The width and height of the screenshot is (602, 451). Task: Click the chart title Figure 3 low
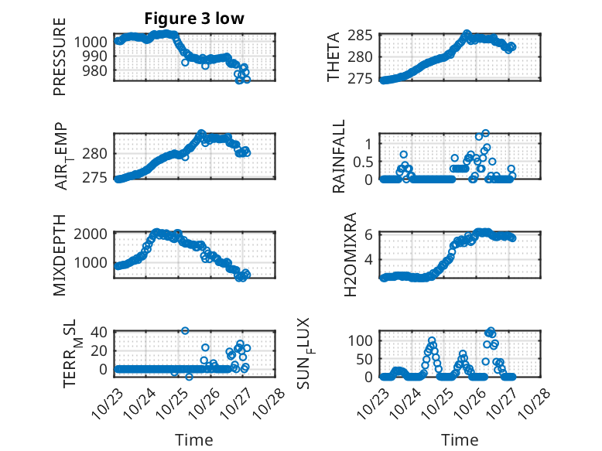194,19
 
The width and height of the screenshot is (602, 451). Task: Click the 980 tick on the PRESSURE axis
99,70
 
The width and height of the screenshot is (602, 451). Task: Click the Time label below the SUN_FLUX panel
460,440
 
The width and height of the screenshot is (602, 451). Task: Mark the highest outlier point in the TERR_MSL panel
185,330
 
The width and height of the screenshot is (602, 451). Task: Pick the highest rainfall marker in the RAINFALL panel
486,133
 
